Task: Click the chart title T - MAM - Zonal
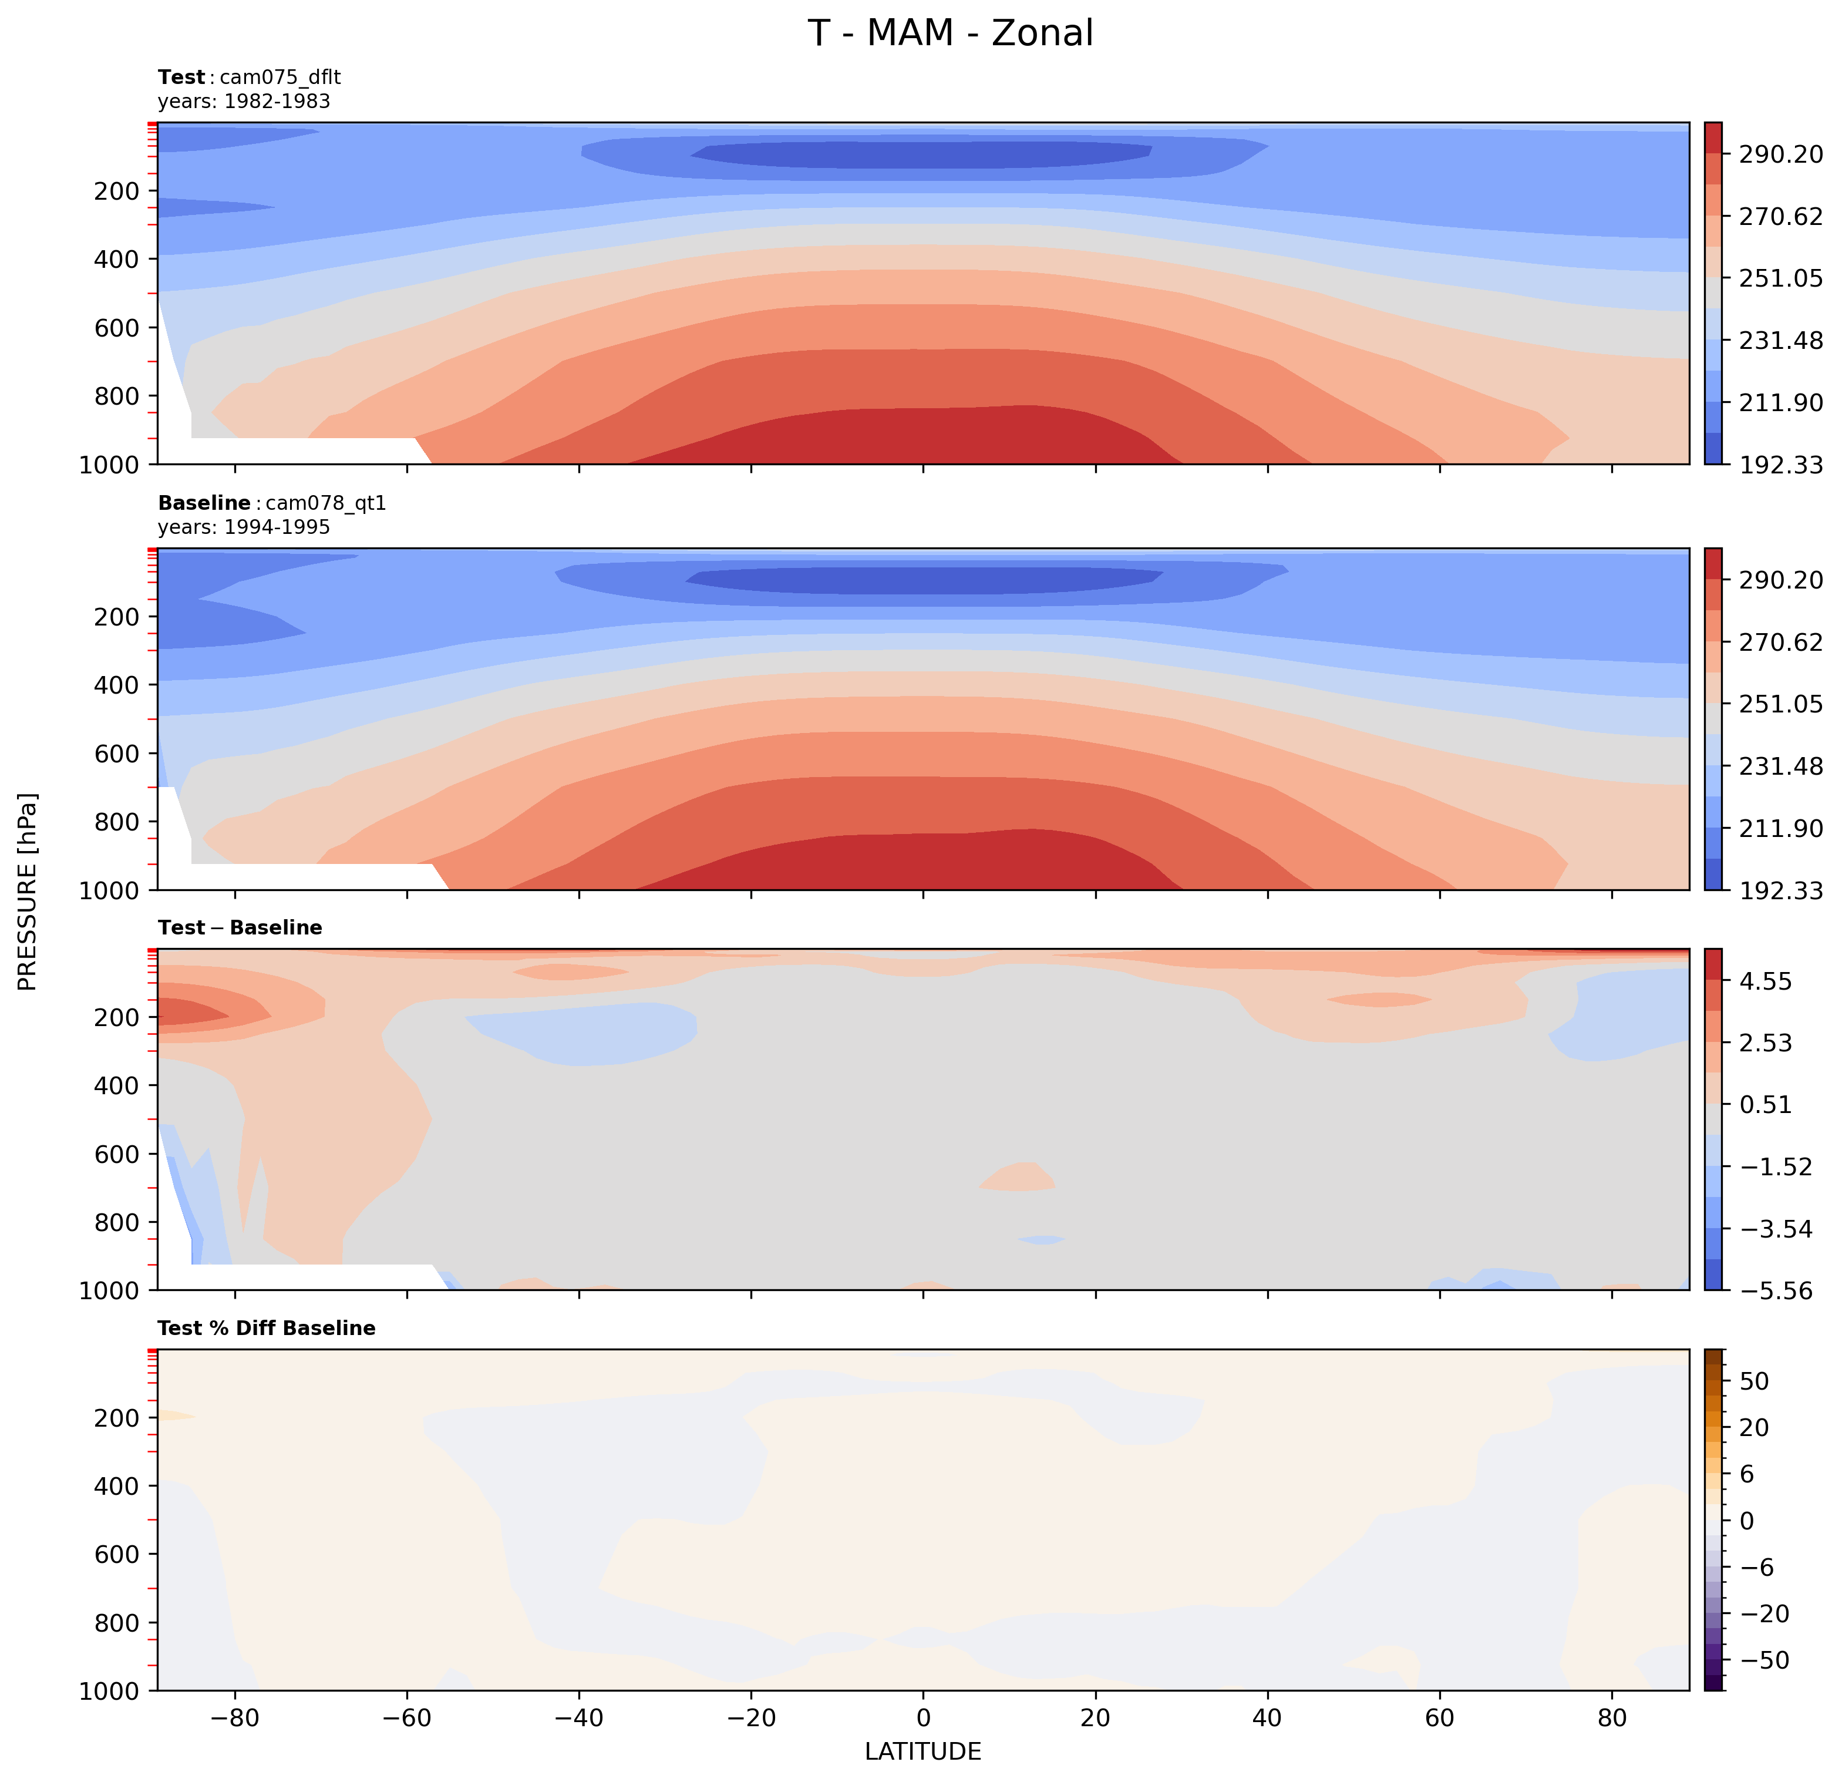[950, 34]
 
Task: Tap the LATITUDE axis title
[923, 1751]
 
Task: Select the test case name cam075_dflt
[280, 77]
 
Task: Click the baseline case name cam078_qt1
[326, 503]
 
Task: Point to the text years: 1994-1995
[244, 527]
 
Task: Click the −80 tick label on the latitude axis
[234, 1718]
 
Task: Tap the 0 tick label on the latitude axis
[923, 1718]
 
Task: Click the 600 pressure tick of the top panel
[116, 328]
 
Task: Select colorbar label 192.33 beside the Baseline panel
[1780, 890]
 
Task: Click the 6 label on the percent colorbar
[1747, 1474]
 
